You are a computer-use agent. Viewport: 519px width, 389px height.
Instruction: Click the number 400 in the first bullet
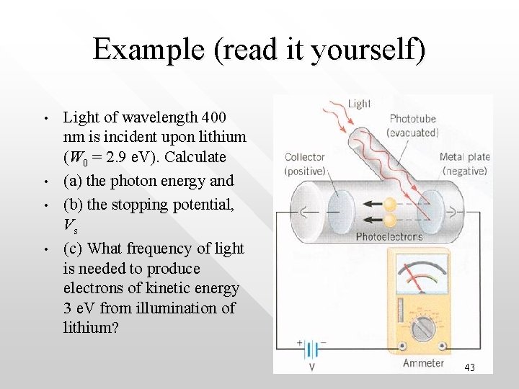point(213,117)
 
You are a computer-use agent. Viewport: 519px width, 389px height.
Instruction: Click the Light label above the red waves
point(359,104)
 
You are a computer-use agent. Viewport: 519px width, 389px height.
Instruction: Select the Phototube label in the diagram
point(412,119)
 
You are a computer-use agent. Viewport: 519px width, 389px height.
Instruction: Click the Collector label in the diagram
point(305,157)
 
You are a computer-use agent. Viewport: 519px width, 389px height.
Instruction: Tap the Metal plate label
point(465,157)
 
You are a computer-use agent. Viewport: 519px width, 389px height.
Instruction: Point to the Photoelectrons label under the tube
point(389,236)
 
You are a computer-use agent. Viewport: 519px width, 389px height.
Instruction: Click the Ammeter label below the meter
point(424,363)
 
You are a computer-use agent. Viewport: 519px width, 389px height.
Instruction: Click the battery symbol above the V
point(311,350)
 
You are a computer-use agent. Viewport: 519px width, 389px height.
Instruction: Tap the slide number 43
point(469,367)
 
